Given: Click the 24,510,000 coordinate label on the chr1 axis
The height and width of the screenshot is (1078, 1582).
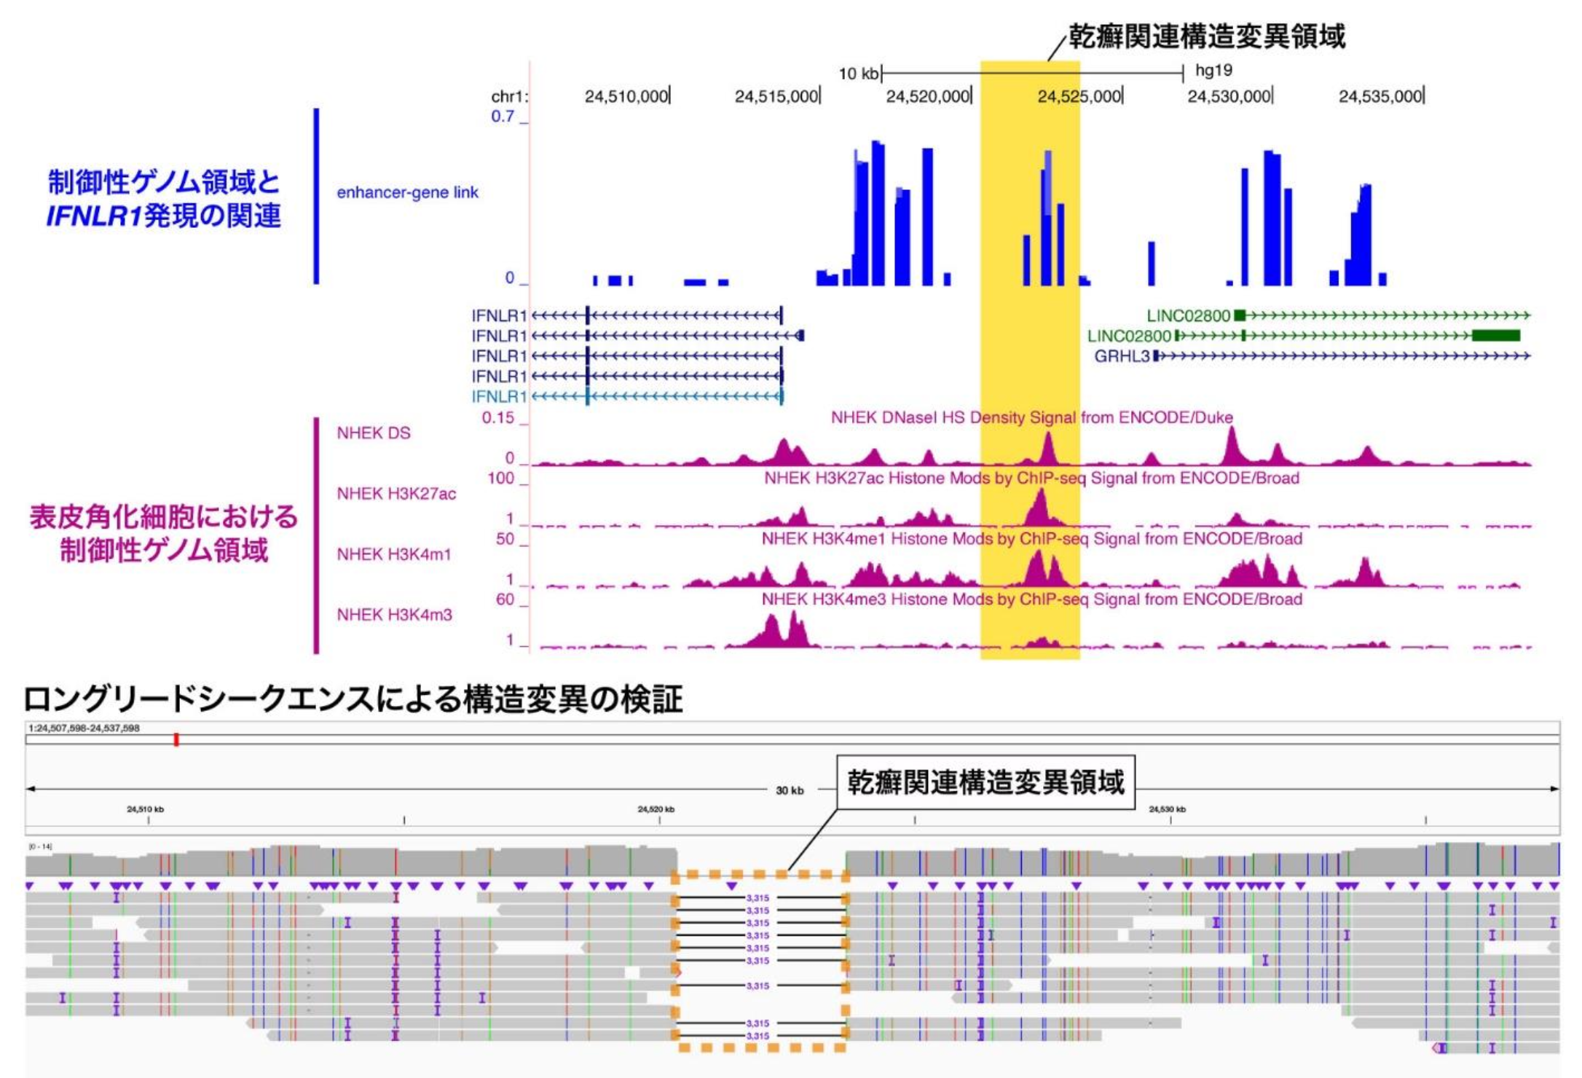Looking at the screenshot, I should pyautogui.click(x=626, y=96).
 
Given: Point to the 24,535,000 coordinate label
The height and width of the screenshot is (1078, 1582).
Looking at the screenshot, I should pyautogui.click(x=1380, y=96).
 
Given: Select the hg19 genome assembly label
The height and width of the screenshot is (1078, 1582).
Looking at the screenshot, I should pyautogui.click(x=1213, y=71).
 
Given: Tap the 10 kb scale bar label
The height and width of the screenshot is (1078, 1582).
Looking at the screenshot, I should pyautogui.click(x=858, y=74).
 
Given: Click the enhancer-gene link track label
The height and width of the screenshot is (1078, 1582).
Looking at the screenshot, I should pyautogui.click(x=407, y=192).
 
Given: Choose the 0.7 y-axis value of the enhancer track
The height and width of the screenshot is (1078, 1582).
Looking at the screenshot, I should pyautogui.click(x=503, y=117).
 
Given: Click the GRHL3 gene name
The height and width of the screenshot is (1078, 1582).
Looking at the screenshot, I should pyautogui.click(x=1122, y=356).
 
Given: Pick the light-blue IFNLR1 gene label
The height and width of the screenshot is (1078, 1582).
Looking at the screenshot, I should pyautogui.click(x=498, y=396).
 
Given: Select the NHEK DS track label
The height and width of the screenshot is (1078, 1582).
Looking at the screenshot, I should pyautogui.click(x=374, y=433).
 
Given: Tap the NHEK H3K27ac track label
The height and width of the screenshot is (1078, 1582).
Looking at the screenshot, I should pyautogui.click(x=396, y=494).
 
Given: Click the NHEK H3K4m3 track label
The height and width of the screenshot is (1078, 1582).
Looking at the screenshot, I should pyautogui.click(x=394, y=615).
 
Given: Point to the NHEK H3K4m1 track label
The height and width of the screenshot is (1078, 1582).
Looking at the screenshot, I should pyautogui.click(x=394, y=554).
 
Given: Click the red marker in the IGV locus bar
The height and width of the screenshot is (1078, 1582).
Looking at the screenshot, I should pyautogui.click(x=176, y=740).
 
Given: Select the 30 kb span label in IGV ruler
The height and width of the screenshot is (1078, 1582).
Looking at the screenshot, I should pyautogui.click(x=790, y=790).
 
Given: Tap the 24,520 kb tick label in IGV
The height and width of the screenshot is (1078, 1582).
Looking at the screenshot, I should pyautogui.click(x=656, y=809).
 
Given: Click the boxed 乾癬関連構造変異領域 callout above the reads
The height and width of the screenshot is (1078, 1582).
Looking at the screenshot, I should pyautogui.click(x=985, y=783).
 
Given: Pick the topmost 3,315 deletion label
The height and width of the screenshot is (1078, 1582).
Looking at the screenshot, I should pyautogui.click(x=757, y=898).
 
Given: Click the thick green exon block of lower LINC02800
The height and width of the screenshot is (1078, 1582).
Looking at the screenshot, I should pyautogui.click(x=1495, y=336).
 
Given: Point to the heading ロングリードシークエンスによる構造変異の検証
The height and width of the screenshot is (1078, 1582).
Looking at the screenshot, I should pyautogui.click(x=353, y=699).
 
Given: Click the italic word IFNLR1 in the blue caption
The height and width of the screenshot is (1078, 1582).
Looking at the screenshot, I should pyautogui.click(x=93, y=216).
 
